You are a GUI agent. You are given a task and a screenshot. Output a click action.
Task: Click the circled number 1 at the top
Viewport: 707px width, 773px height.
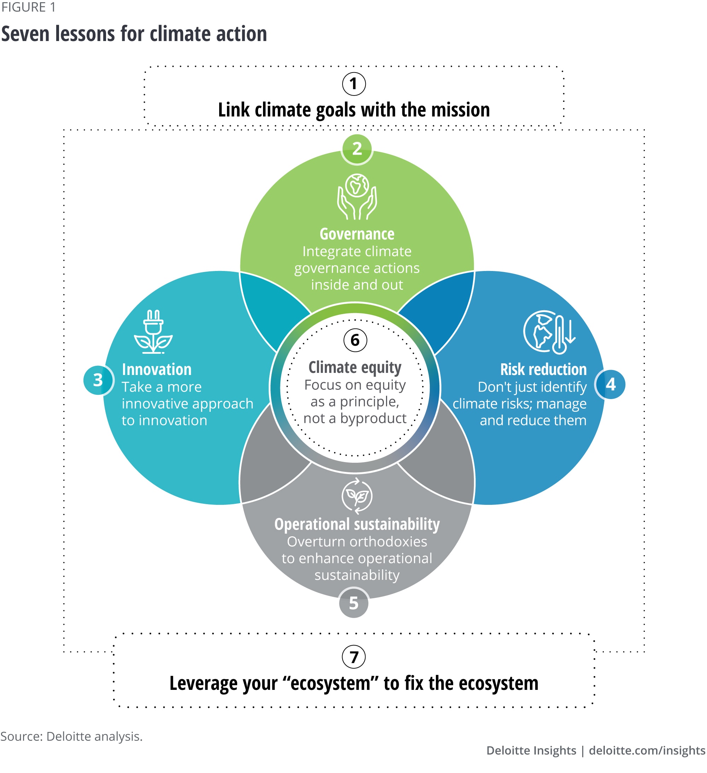(x=354, y=84)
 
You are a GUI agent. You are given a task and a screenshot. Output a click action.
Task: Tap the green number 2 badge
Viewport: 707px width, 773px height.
(x=357, y=149)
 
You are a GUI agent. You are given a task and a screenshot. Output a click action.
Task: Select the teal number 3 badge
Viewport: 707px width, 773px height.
(x=98, y=380)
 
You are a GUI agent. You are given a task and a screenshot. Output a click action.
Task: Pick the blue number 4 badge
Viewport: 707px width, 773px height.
(x=610, y=384)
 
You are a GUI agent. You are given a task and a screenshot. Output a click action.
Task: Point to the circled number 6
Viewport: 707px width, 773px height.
(x=355, y=340)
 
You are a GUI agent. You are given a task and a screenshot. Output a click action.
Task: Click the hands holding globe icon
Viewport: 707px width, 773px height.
(x=357, y=197)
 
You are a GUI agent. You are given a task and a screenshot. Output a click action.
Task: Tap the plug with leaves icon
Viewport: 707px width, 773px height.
(x=153, y=332)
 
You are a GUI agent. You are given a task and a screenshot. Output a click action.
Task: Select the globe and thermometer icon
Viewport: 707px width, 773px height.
(x=549, y=332)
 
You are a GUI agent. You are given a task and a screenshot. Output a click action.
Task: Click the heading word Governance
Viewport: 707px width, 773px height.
(x=357, y=234)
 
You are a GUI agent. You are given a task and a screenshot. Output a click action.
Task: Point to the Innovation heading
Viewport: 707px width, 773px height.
(x=156, y=370)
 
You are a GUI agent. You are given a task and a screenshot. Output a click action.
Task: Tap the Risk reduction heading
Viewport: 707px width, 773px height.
(x=543, y=370)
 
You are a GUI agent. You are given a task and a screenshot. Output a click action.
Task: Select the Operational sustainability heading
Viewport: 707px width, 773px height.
(x=357, y=525)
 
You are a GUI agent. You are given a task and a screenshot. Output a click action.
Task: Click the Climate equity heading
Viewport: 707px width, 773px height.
(x=355, y=367)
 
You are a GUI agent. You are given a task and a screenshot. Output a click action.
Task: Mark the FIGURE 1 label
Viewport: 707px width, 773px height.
(x=28, y=7)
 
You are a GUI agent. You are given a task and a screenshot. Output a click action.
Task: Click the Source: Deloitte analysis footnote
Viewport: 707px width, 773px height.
(x=71, y=737)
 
